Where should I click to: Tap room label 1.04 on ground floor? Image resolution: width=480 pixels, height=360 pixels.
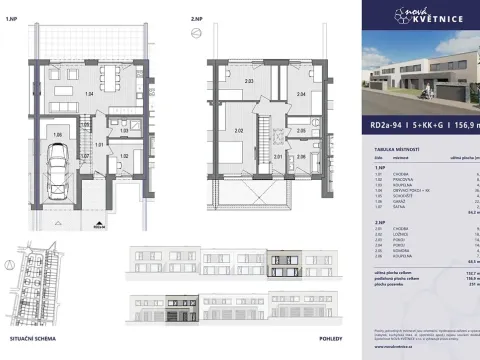point(89,92)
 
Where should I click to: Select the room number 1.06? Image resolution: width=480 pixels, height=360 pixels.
point(57,133)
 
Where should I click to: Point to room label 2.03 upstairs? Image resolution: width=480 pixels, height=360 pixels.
point(249,81)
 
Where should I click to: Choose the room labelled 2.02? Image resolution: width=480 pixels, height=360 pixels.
point(239,130)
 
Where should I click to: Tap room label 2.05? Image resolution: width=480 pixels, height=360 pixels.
point(300,130)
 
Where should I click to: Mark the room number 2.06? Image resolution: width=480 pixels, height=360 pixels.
point(300,156)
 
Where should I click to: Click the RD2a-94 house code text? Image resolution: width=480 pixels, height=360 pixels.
point(386,127)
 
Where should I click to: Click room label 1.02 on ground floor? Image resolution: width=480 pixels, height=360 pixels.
point(124,156)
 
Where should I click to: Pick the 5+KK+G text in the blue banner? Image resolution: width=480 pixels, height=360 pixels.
point(430,127)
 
